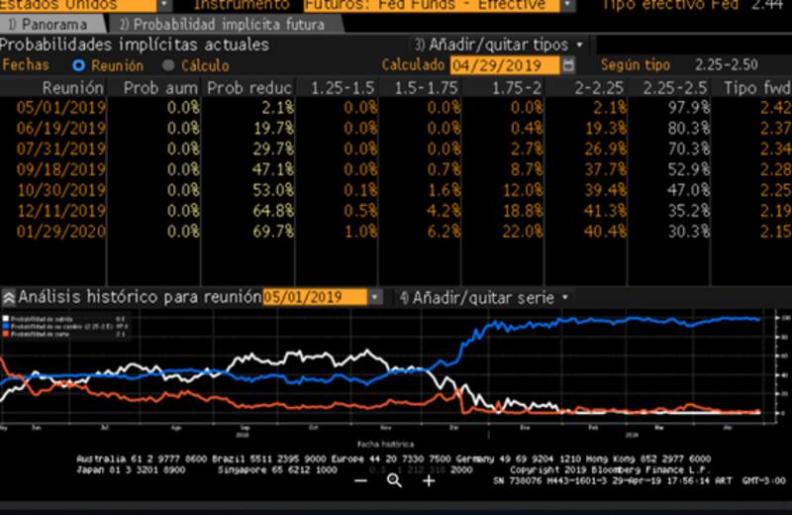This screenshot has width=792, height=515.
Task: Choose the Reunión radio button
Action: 79,65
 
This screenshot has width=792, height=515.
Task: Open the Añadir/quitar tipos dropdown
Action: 499,45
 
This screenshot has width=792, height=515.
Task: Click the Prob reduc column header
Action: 248,88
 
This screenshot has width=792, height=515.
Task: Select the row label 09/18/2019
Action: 60,169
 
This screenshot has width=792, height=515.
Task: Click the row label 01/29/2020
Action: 60,232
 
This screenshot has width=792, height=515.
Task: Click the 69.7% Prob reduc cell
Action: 273,232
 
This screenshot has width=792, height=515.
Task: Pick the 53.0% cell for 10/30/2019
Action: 273,190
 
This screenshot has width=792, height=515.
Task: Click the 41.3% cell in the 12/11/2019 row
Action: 606,211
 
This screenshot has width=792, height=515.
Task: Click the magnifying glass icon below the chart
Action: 394,480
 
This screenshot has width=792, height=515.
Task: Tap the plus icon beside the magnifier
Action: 428,480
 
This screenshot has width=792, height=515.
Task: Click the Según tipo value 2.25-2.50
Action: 727,65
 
